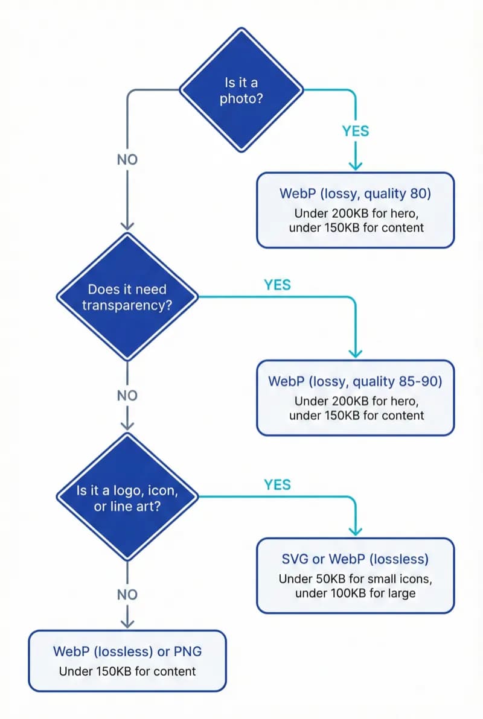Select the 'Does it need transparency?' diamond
click(127, 297)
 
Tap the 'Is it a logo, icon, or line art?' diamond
click(127, 498)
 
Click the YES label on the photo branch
click(356, 131)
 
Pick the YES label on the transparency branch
click(277, 285)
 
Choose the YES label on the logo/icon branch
click(277, 484)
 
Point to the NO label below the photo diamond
click(127, 160)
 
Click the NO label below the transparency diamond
click(127, 396)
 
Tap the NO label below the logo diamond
click(127, 595)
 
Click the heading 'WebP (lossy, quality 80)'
click(356, 194)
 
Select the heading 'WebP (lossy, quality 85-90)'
click(356, 381)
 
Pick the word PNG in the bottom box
click(188, 651)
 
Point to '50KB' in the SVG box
click(328, 579)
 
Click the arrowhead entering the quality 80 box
click(356, 165)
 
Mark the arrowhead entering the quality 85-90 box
click(356, 352)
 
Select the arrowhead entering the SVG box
click(356, 530)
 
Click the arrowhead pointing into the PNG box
click(127, 622)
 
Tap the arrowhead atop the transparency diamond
click(127, 225)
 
